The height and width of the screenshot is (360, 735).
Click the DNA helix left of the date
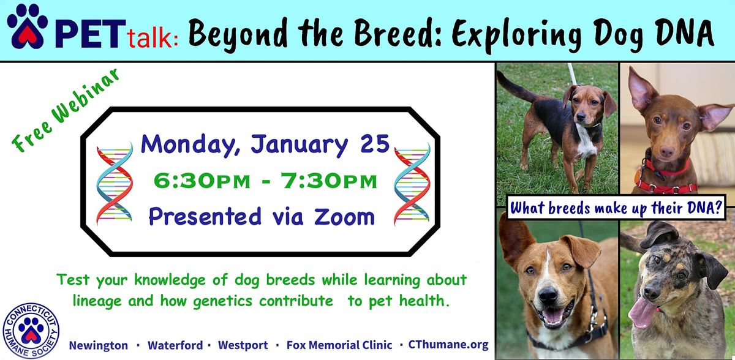pos(114,182)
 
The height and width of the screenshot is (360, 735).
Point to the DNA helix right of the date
pos(412,182)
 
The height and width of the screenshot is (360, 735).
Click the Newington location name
pos(99,345)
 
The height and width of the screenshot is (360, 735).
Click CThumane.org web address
pos(448,345)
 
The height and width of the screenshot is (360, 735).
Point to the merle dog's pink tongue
pos(641,312)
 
